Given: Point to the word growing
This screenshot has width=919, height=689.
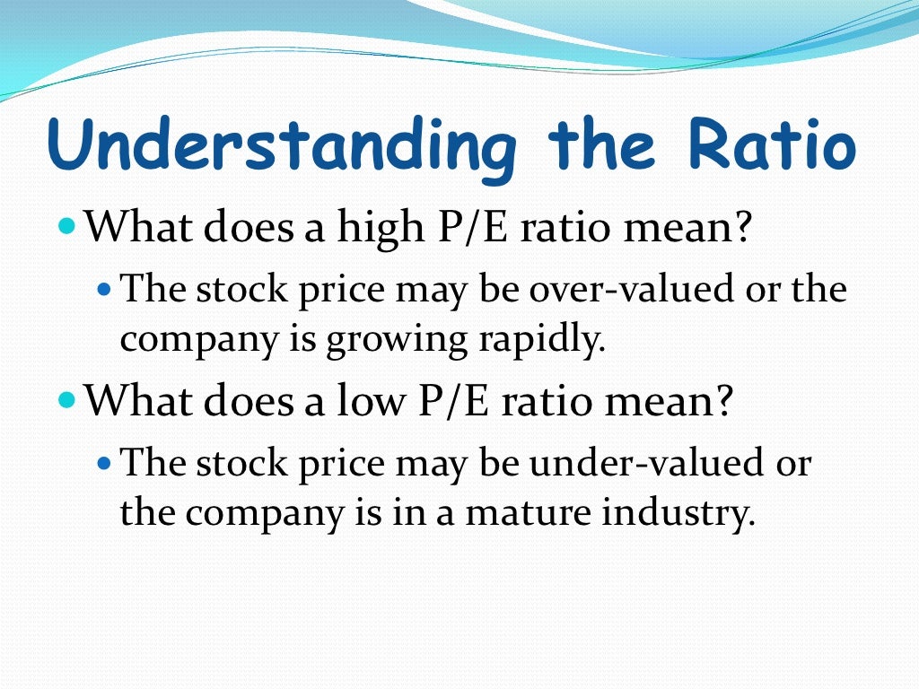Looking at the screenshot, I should [393, 342].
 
